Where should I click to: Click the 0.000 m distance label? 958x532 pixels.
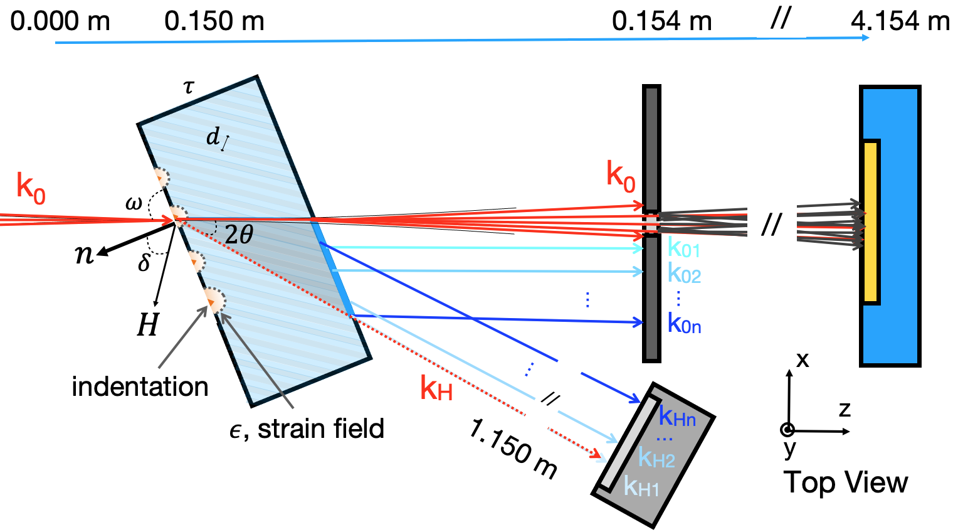tap(60, 22)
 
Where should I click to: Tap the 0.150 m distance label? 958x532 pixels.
tap(214, 22)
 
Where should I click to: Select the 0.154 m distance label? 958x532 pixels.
tap(661, 22)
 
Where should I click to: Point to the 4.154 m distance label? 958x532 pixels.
tap(900, 22)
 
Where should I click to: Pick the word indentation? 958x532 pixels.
tap(140, 386)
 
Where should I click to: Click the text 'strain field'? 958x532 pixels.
tap(320, 429)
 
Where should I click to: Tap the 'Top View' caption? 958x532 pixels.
tap(845, 482)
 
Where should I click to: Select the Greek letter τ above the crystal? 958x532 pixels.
tap(189, 87)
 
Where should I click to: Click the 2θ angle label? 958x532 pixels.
tap(238, 235)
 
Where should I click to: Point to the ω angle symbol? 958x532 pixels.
tap(134, 203)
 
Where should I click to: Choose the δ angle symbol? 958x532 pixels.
tap(144, 262)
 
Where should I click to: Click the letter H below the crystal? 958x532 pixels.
tap(148, 325)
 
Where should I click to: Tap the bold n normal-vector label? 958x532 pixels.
tap(83, 254)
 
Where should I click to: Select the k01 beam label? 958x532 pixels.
tap(683, 249)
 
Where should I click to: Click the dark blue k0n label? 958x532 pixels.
tap(684, 324)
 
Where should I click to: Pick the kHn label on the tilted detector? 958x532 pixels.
tap(677, 417)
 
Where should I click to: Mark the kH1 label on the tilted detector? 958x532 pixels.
tap(641, 486)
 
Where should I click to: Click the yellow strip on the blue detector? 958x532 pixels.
tap(870, 222)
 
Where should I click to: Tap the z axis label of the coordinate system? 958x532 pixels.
tap(845, 410)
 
